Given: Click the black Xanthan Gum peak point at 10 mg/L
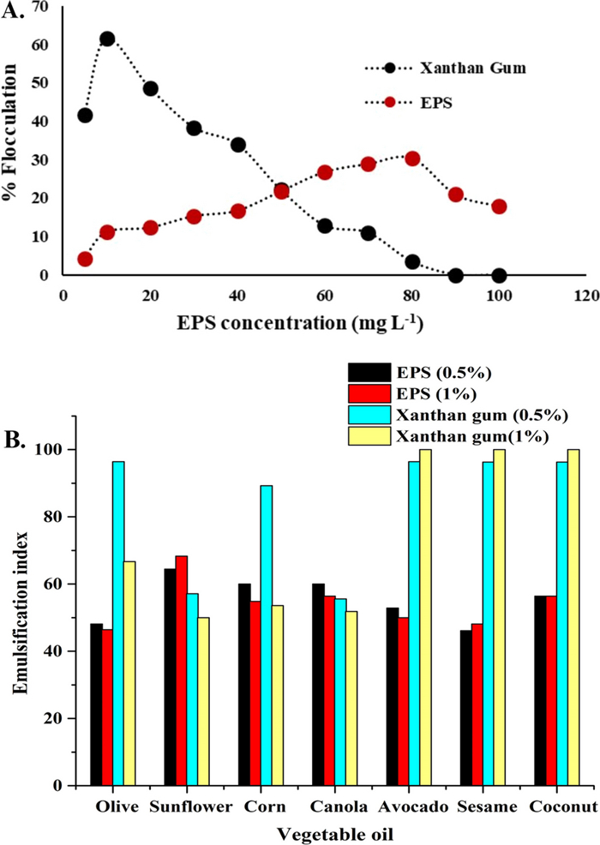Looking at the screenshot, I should click(107, 39).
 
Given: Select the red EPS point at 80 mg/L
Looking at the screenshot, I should click(412, 159).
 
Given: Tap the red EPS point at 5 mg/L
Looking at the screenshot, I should click(85, 259).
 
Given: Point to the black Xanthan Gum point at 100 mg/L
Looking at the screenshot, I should click(499, 275).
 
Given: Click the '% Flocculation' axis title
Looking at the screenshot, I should click(12, 141).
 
